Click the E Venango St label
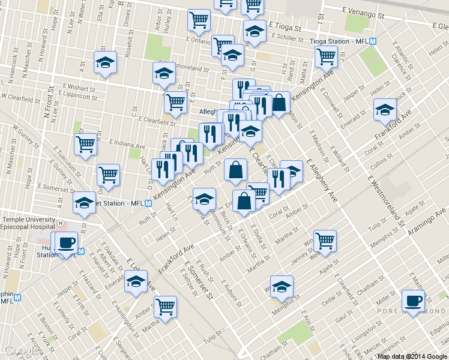363,11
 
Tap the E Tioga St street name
288,26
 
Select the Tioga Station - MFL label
339,41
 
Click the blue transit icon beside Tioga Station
373,41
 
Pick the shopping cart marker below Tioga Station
326,58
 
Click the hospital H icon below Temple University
60,223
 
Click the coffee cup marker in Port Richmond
413,301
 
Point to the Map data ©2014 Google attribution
412,356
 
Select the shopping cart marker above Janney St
325,241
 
